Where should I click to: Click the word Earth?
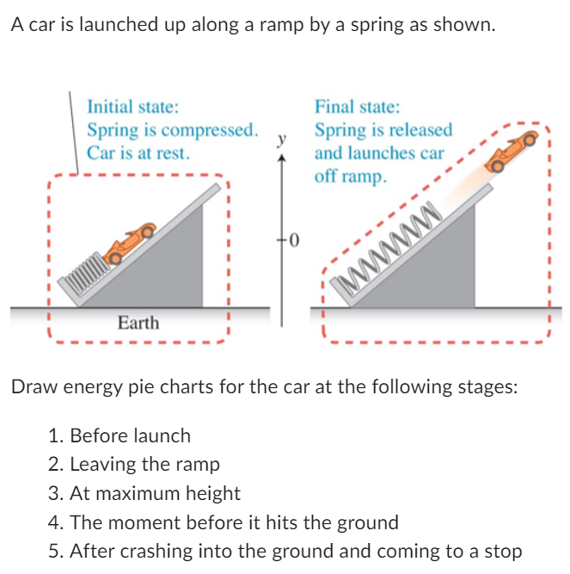[x=138, y=323]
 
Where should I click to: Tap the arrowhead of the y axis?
[x=280, y=157]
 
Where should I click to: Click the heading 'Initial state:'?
[x=133, y=108]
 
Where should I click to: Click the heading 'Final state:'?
[x=357, y=108]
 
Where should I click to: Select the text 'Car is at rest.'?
[x=138, y=153]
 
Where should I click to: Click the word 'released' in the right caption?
[x=419, y=131]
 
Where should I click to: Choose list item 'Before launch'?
[x=130, y=435]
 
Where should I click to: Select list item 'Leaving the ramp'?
[x=144, y=465]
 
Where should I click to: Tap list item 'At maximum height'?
[x=155, y=493]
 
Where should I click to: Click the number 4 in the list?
[x=54, y=522]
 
